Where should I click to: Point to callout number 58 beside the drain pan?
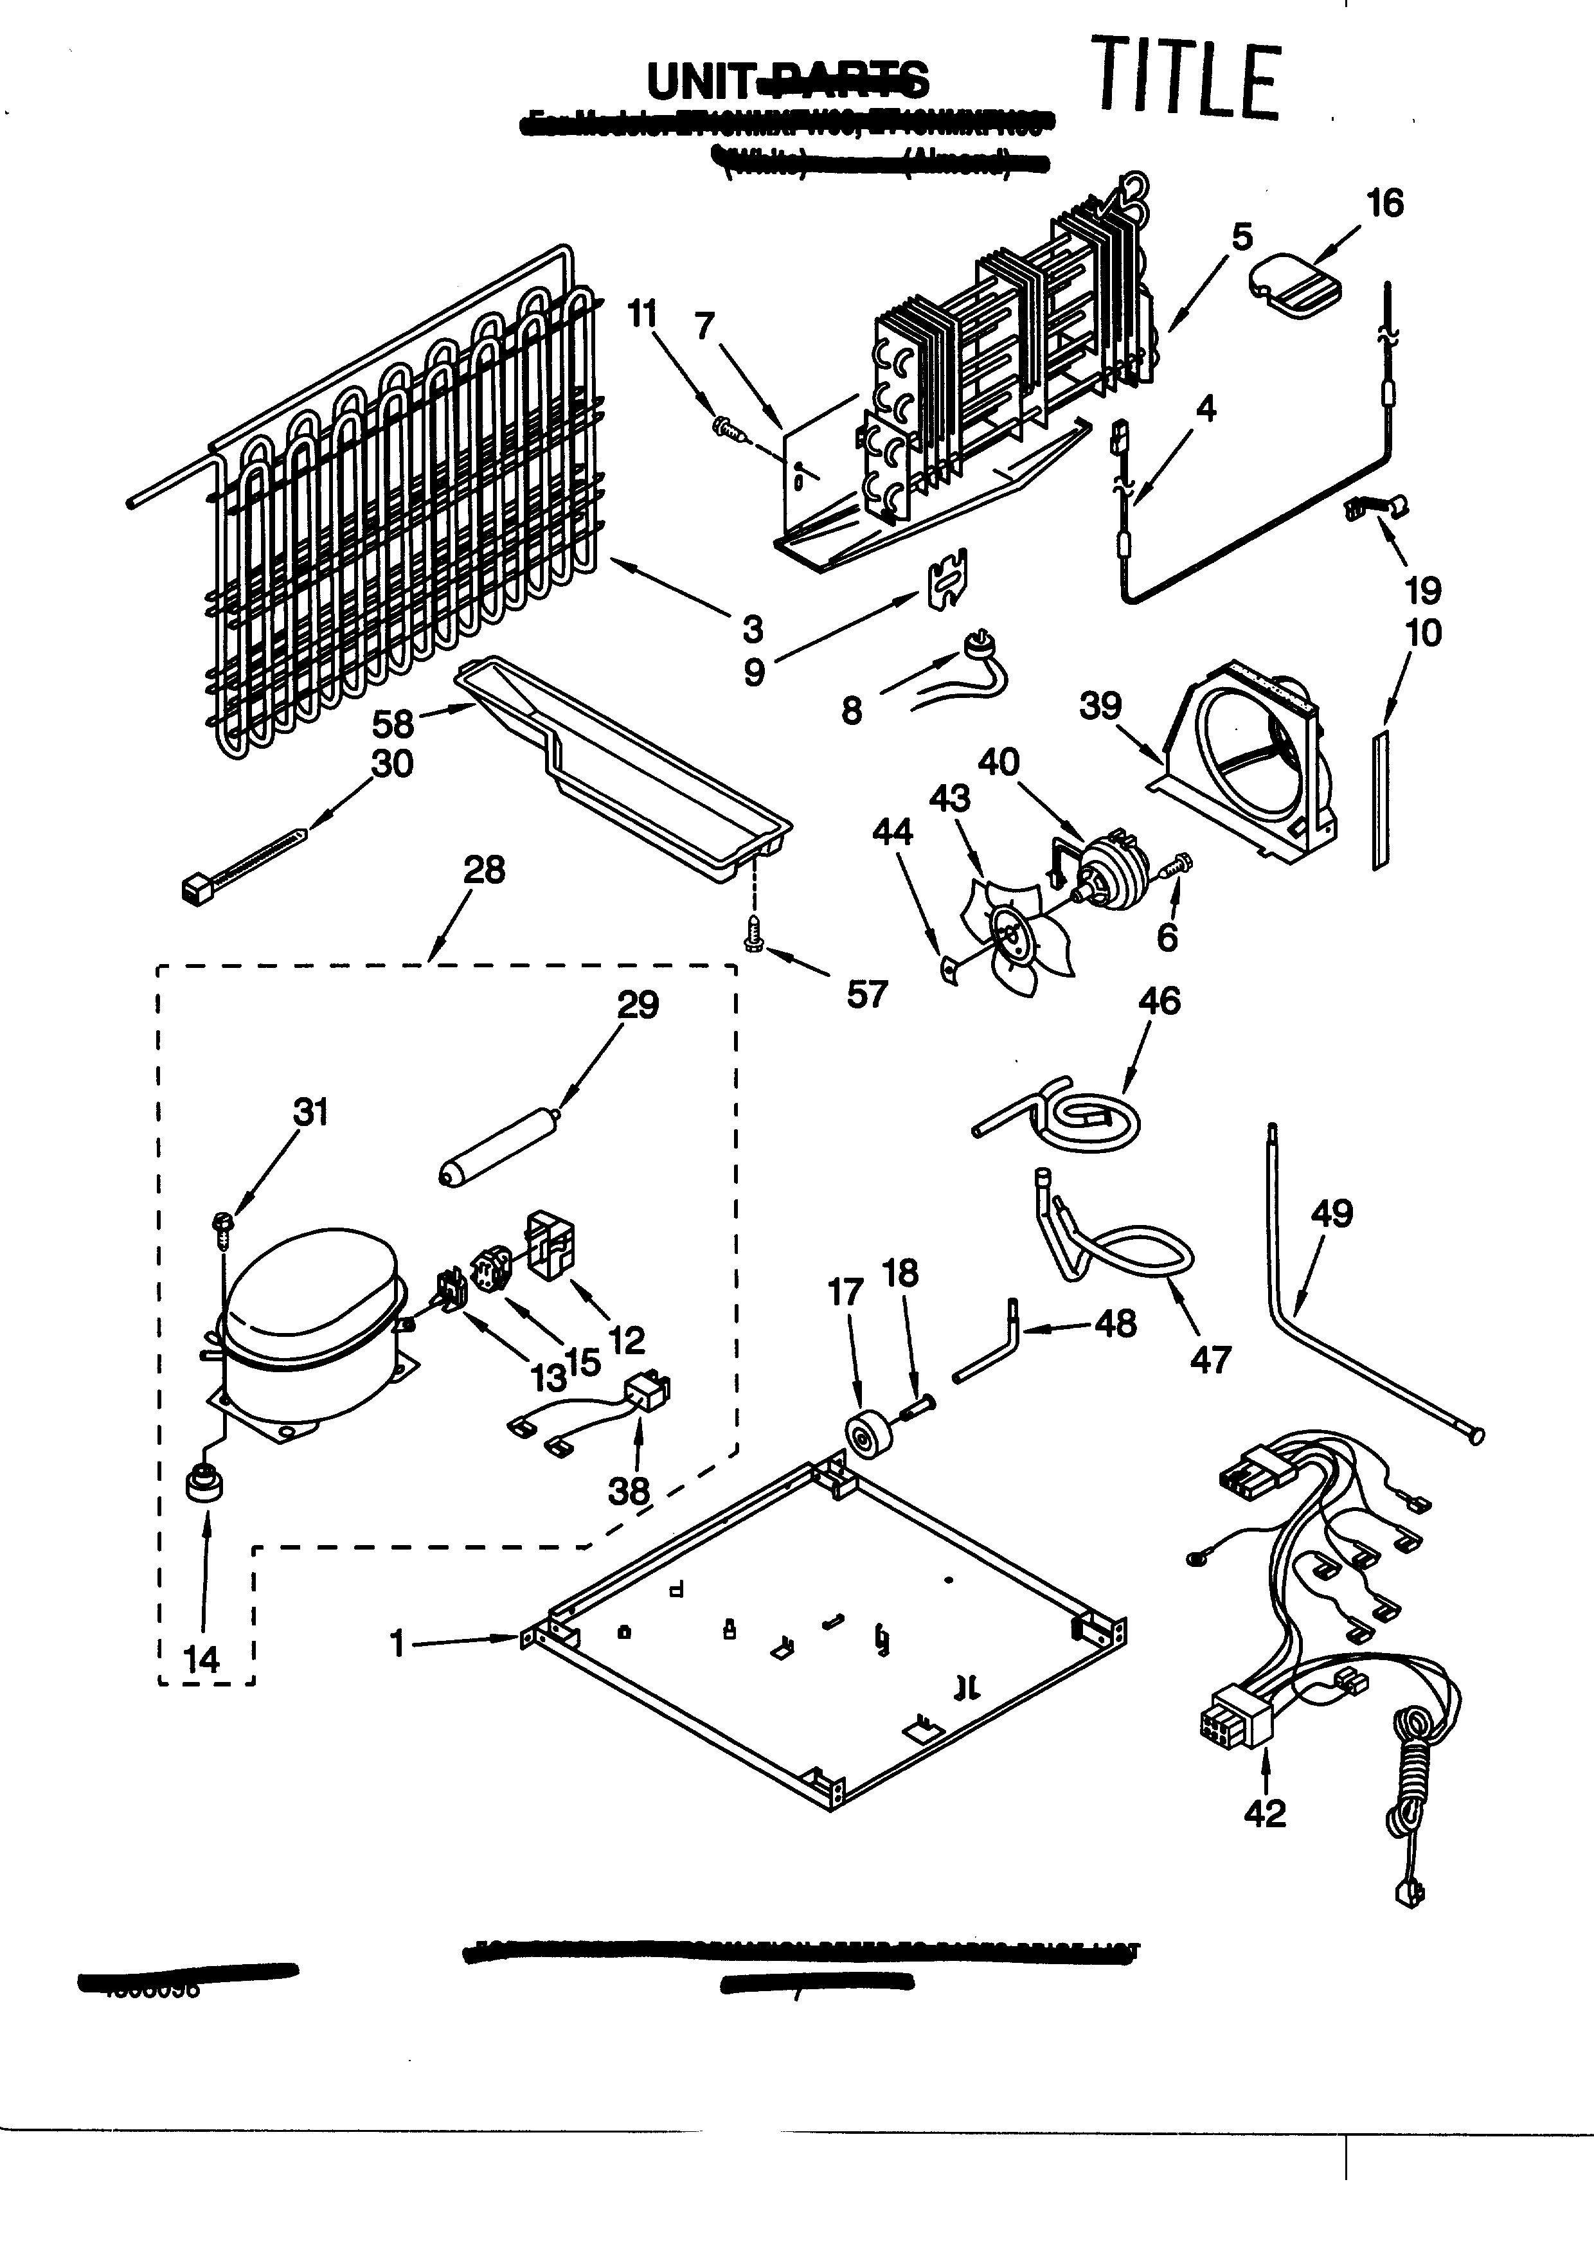pyautogui.click(x=393, y=724)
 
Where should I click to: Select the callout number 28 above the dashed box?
pyautogui.click(x=484, y=870)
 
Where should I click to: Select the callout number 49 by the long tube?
pyautogui.click(x=1331, y=1213)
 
